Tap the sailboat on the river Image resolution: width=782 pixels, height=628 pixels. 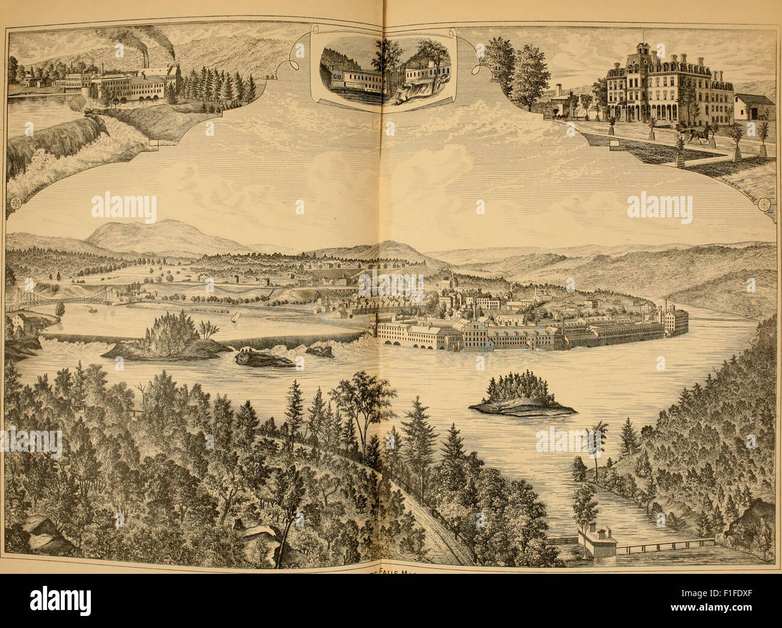click(235, 316)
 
